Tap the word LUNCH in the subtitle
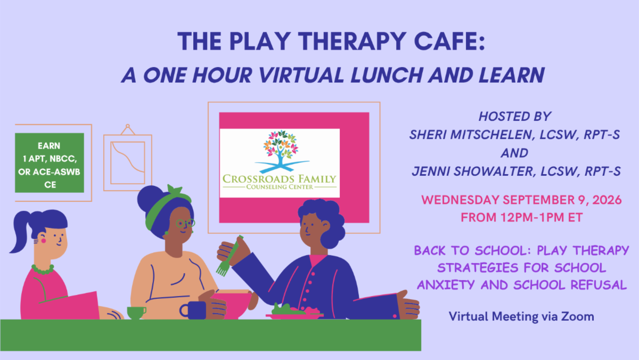click(x=386, y=75)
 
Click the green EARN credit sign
click(x=50, y=162)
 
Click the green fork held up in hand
click(x=228, y=257)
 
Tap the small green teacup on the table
click(x=136, y=313)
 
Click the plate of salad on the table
click(x=294, y=312)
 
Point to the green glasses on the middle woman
click(x=185, y=223)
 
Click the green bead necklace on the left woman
click(x=43, y=269)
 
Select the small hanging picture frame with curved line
click(x=128, y=158)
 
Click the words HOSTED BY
click(x=515, y=117)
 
